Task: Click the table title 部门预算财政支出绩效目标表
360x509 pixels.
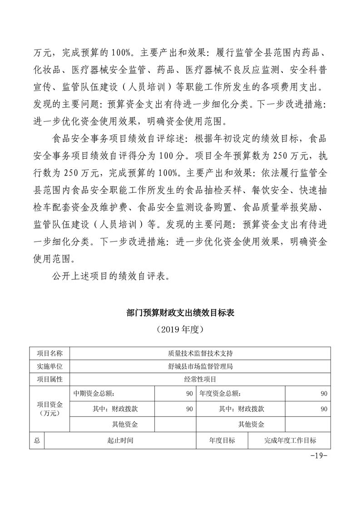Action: [180, 313]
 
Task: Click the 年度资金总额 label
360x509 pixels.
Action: [221, 393]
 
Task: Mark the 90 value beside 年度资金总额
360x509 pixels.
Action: [324, 393]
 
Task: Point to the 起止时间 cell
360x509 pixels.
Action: [120, 440]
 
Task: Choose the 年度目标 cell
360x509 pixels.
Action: [222, 440]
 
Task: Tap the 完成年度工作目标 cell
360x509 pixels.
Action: [290, 440]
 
